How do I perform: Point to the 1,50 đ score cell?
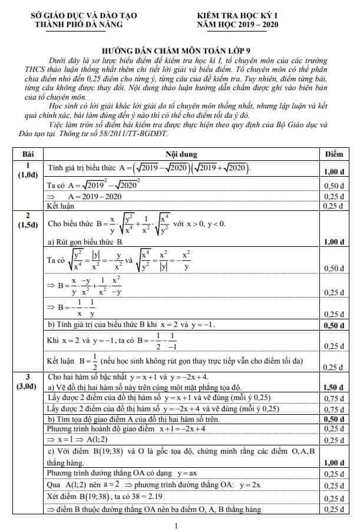pyautogui.click(x=334, y=387)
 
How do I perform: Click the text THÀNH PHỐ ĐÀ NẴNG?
pyautogui.click(x=79, y=24)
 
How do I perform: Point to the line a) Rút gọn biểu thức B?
pyautogui.click(x=85, y=242)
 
